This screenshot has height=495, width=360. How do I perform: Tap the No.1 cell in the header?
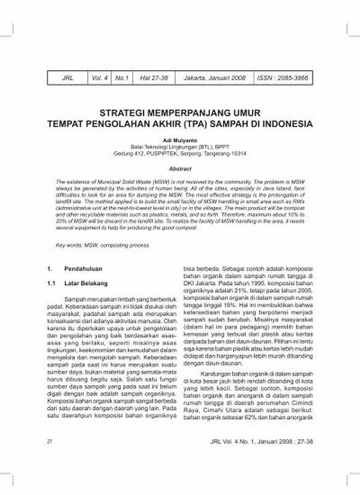[122, 78]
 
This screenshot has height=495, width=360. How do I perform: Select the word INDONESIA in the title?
[280, 124]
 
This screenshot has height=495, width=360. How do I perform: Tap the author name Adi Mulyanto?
[180, 140]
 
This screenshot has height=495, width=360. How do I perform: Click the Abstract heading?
[180, 169]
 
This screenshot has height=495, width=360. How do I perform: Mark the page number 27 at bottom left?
[49, 458]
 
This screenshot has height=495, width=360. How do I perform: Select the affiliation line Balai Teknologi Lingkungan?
[180, 146]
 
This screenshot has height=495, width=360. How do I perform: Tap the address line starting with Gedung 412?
[180, 153]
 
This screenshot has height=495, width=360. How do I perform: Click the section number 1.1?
[52, 282]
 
